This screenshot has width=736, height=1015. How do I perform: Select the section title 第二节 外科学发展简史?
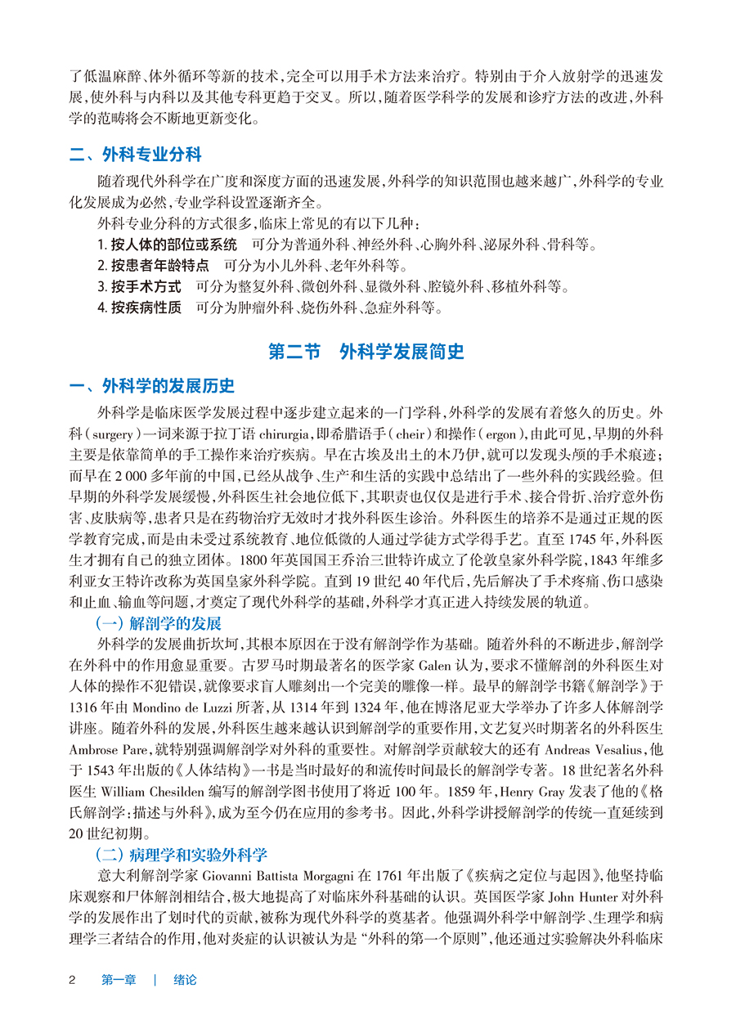tap(366, 352)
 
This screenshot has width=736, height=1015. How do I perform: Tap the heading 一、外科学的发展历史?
tap(153, 386)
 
